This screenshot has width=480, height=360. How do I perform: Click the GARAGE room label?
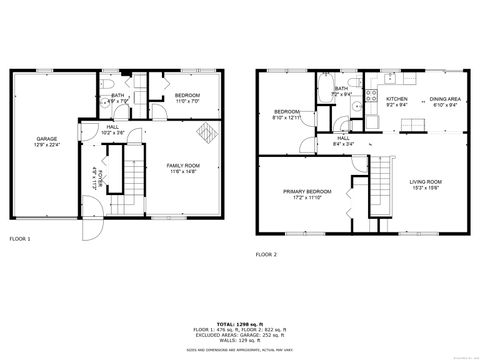(47, 141)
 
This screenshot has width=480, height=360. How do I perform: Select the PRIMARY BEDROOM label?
(305, 193)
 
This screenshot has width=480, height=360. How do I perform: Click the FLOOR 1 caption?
(20, 239)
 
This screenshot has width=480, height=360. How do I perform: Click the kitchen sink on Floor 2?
(390, 78)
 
